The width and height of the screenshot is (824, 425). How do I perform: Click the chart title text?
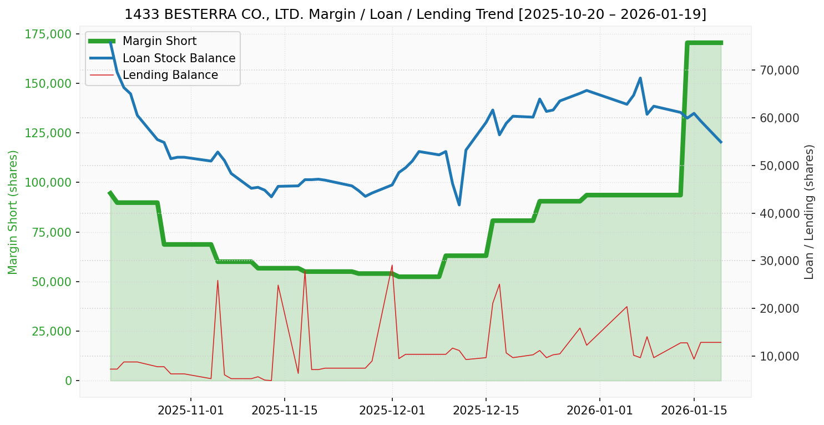[415, 14]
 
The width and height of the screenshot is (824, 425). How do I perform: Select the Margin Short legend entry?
[159, 41]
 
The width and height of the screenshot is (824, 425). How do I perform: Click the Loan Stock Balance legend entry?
[179, 58]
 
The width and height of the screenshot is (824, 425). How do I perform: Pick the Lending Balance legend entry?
[170, 75]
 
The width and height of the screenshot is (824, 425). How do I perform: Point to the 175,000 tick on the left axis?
[48, 34]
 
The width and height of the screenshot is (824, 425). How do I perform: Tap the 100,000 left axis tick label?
[48, 183]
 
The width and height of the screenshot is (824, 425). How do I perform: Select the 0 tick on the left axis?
[68, 381]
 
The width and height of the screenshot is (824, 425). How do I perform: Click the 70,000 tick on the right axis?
[775, 71]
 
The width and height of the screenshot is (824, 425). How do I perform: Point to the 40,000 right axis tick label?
[775, 214]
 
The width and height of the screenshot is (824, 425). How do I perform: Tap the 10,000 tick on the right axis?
[775, 357]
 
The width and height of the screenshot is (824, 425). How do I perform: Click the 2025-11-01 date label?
[191, 411]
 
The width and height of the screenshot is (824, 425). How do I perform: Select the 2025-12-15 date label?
[486, 411]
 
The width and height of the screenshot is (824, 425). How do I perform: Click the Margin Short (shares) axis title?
[13, 212]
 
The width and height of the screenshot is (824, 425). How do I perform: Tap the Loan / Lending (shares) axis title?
[810, 212]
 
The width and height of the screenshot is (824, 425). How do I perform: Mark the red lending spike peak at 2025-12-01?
[392, 266]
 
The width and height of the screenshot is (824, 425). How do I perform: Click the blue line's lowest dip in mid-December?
[459, 205]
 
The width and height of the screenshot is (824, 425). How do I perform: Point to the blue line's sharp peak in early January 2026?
[640, 78]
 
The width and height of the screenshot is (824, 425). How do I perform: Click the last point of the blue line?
[721, 142]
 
